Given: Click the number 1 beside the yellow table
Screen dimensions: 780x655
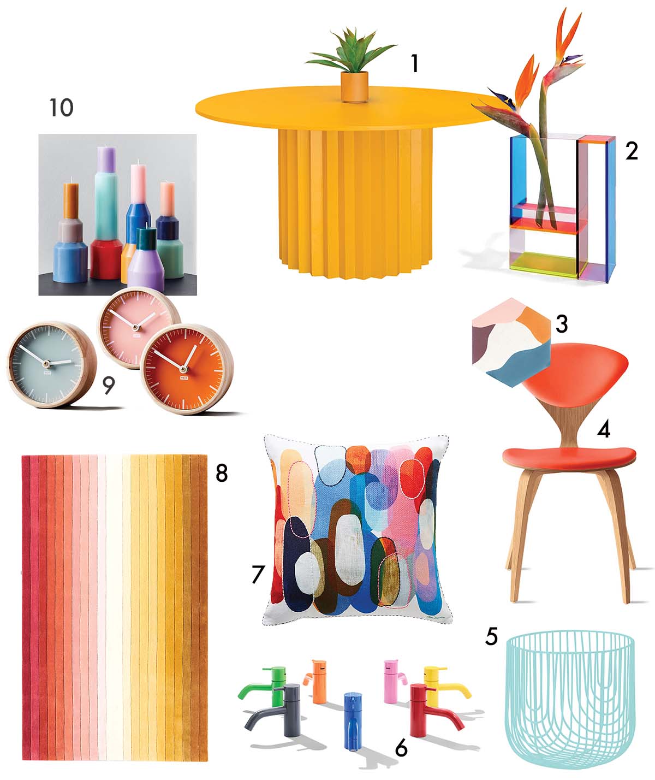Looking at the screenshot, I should coord(415,64).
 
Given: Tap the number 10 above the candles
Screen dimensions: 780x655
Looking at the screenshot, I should coord(61,108).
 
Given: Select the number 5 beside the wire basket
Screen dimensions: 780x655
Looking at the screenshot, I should coord(492,636).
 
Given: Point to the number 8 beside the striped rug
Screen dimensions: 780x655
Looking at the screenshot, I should coord(221,473).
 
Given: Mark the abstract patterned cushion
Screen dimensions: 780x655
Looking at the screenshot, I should coord(358,527).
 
